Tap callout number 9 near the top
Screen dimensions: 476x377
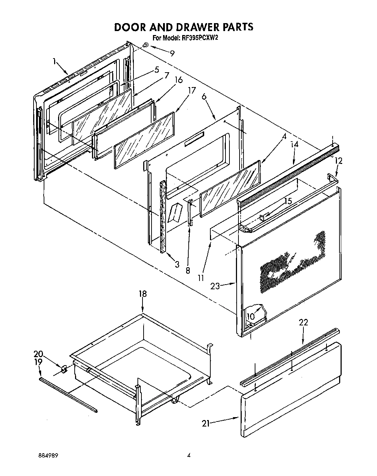[x=172, y=53]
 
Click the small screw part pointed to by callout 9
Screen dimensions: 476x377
[x=146, y=45]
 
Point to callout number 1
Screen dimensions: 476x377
[x=54, y=62]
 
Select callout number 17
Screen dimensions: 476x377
[x=192, y=90]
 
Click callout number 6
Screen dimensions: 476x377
[x=204, y=96]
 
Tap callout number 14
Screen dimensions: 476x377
[x=295, y=144]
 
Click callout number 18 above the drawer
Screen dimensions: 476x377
[x=143, y=294]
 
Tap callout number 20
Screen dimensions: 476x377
[x=38, y=354]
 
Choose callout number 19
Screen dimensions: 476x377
[x=38, y=362]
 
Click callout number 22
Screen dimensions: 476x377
[x=303, y=323]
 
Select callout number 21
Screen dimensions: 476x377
[x=206, y=424]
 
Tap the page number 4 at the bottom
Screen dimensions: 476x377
[x=188, y=456]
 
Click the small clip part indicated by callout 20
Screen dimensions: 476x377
[x=64, y=369]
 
